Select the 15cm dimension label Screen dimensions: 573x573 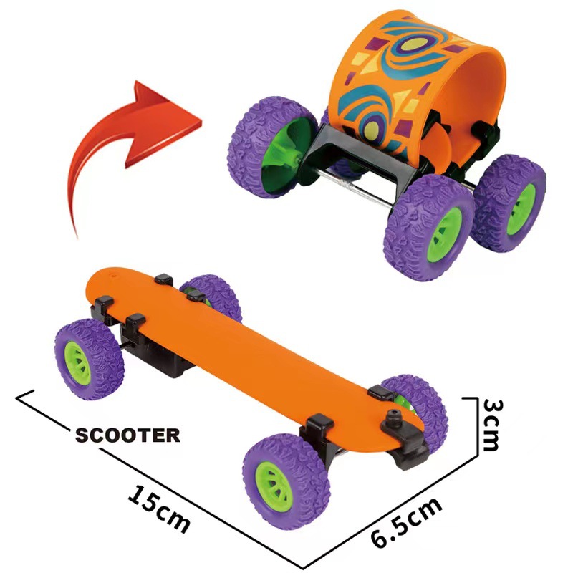[x=159, y=507]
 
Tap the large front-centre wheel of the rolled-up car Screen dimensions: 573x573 [x=429, y=226]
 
